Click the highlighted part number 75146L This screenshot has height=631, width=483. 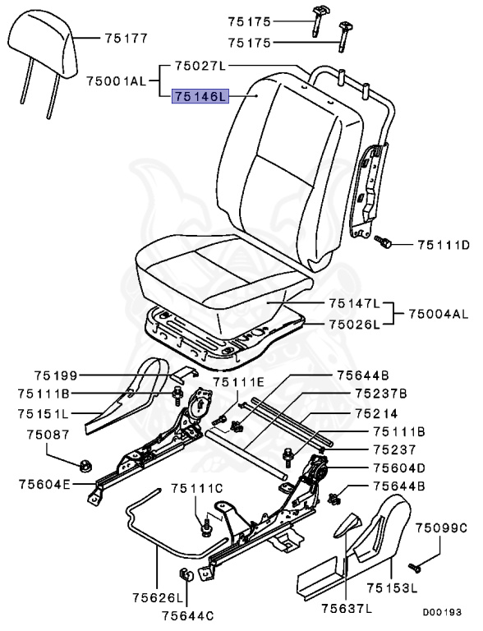click(198, 97)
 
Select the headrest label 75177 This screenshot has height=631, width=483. click(125, 38)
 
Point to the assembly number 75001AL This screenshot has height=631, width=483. click(116, 80)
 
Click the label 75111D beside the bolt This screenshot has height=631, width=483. click(443, 244)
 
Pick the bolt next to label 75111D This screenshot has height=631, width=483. click(383, 241)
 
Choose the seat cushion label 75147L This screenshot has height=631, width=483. click(356, 304)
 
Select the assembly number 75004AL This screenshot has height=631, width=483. click(438, 314)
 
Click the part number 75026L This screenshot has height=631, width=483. click(356, 325)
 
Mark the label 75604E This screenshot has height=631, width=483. click(45, 484)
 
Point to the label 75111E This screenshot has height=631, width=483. click(239, 382)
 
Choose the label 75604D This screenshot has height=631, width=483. click(399, 467)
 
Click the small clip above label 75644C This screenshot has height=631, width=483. click(186, 574)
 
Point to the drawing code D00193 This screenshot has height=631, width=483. click(442, 612)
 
